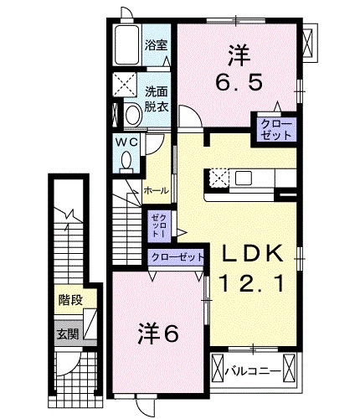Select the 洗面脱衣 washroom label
pyautogui.click(x=156, y=99)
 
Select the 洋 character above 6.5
pyautogui.click(x=237, y=54)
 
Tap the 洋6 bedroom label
pyautogui.click(x=159, y=334)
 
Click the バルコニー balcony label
pyautogui.click(x=255, y=367)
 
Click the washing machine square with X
pyautogui.click(x=128, y=84)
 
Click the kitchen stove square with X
pyautogui.click(x=219, y=178)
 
